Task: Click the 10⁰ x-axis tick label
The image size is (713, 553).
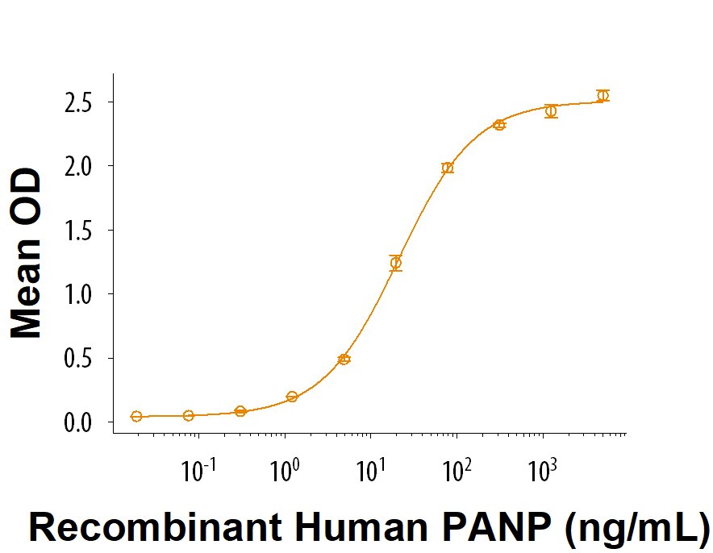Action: click(x=286, y=470)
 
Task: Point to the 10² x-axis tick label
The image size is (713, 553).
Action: click(x=457, y=470)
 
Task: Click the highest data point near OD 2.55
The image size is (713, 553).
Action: click(x=603, y=96)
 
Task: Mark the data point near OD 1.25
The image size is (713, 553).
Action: click(x=396, y=263)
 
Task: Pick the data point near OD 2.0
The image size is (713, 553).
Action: click(x=448, y=168)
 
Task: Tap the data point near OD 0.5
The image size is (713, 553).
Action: click(x=344, y=359)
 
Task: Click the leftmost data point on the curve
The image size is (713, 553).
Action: click(x=136, y=416)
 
